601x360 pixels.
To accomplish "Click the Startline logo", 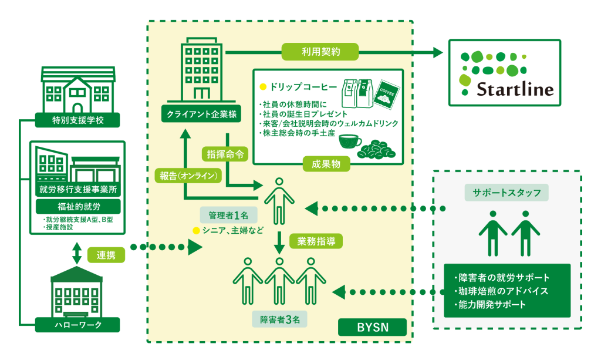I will pos(505,71).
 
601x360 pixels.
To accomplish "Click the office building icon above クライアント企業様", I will pos(201,68).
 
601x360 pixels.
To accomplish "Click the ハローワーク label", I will pos(77,324).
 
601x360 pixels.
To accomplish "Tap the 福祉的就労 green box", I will pos(77,207).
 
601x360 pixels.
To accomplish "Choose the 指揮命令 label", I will pos(225,153).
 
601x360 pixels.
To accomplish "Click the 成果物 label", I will pos(322,165).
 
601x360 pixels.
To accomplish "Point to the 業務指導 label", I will pos(316,241).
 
